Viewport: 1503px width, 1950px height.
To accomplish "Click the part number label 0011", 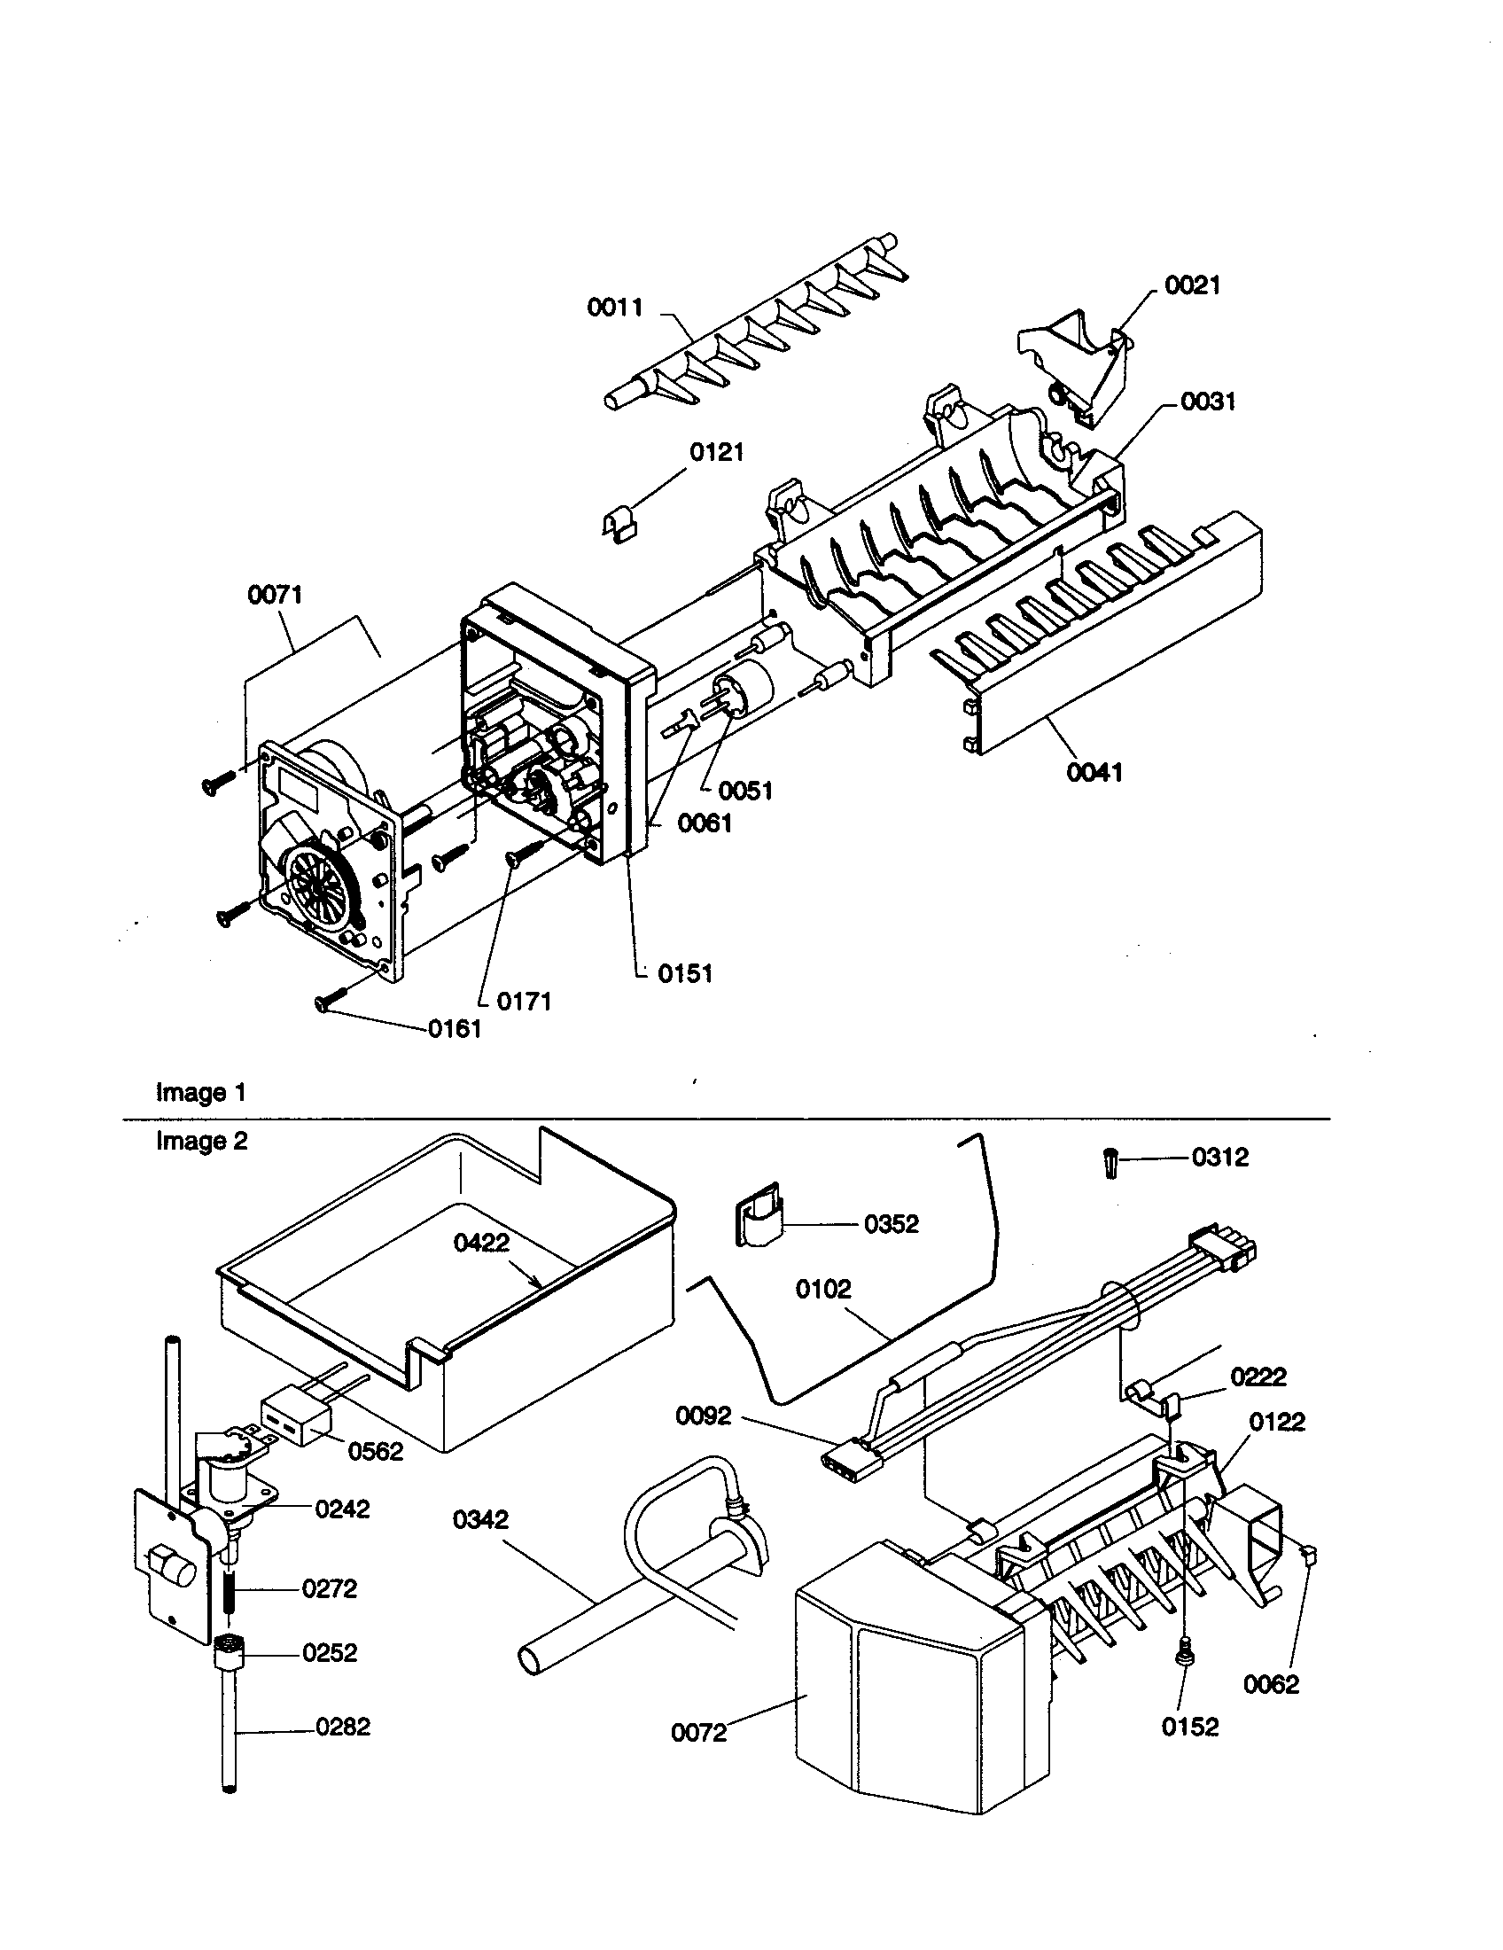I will [614, 308].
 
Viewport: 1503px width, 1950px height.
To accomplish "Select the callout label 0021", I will [1192, 285].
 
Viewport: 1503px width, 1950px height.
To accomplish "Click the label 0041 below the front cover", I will [1094, 771].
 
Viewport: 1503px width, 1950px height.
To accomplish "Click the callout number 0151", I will [684, 974].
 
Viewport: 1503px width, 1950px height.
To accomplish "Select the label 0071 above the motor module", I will [275, 595].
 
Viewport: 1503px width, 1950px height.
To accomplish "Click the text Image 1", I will [201, 1093].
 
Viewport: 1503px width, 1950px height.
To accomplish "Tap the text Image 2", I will [202, 1141].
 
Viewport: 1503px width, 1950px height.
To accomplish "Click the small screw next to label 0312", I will [1110, 1165].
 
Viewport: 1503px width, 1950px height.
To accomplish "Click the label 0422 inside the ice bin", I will [481, 1243].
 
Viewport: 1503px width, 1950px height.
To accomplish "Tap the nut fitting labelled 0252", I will [230, 1652].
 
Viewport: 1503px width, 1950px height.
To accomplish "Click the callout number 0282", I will [343, 1727].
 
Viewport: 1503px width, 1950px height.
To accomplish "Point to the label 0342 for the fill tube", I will [480, 1518].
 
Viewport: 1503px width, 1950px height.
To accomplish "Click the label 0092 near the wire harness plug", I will [704, 1416].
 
